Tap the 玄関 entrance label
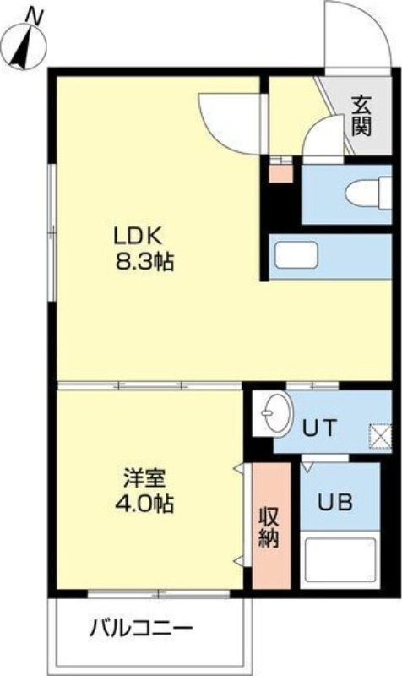[x=361, y=117]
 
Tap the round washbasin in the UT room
[x=274, y=413]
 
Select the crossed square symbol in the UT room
[x=381, y=438]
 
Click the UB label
[x=335, y=500]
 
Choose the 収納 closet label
[x=270, y=526]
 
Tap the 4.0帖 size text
[x=144, y=504]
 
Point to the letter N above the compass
[x=34, y=14]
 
